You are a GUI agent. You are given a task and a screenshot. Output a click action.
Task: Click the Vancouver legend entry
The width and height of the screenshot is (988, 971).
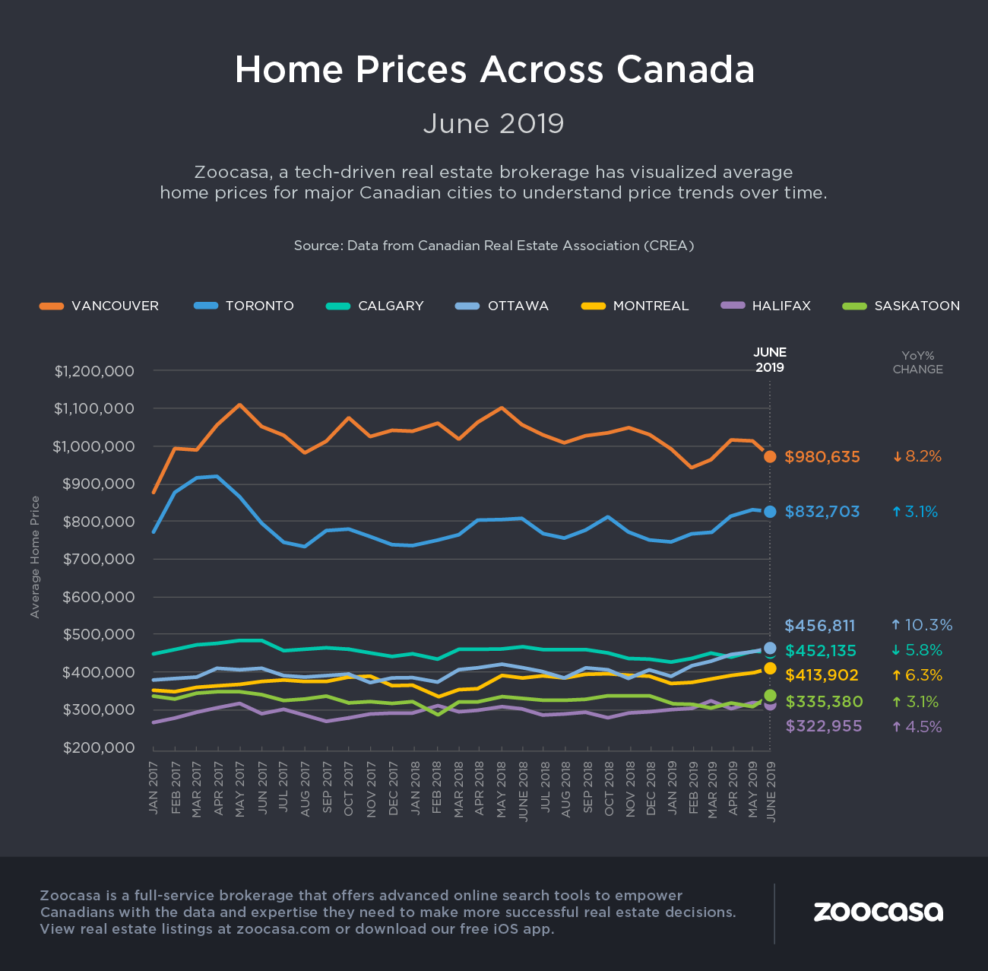tap(100, 306)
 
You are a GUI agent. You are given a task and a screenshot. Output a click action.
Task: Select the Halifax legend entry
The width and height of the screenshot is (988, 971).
tap(765, 306)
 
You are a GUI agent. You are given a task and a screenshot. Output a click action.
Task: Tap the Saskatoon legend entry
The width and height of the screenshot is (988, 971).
tap(901, 306)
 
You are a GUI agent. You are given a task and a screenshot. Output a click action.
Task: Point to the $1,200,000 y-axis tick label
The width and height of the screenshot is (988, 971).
tap(94, 371)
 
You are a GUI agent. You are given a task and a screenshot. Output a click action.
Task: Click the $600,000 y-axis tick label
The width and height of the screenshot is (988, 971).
tap(98, 597)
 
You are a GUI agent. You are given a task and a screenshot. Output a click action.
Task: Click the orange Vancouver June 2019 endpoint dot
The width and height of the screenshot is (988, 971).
tap(770, 456)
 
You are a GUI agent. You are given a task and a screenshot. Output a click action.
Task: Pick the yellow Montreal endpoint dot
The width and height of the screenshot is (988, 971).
tap(770, 668)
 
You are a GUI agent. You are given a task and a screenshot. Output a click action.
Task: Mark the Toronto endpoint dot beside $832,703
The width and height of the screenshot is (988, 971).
tap(770, 512)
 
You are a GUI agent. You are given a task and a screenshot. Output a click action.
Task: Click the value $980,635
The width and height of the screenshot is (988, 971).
tap(822, 457)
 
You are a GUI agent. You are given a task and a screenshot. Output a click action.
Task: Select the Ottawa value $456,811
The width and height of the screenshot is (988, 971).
tap(820, 626)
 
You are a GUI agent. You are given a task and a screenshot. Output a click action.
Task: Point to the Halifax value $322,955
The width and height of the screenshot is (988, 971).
tap(824, 726)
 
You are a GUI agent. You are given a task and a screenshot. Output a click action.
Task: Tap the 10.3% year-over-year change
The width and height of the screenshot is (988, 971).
tap(922, 625)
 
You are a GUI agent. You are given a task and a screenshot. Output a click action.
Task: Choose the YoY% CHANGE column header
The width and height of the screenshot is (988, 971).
tap(917, 362)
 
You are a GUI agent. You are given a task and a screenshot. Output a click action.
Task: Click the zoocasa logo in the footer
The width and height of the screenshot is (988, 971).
tap(878, 912)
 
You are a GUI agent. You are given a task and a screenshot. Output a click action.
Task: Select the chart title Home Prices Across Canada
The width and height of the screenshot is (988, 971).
tap(494, 69)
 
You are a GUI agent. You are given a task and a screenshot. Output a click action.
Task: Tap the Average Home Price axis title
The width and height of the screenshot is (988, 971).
tap(35, 557)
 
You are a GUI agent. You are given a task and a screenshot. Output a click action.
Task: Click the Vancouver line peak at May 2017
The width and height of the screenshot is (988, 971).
tap(240, 405)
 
